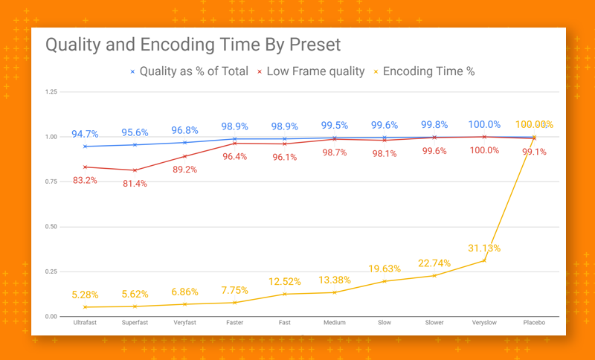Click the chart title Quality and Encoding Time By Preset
click(x=193, y=45)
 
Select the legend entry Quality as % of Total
click(x=189, y=71)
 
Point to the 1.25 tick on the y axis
click(x=51, y=91)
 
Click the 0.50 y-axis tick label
click(x=51, y=227)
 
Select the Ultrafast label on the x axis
click(x=86, y=324)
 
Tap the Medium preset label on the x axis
click(x=334, y=324)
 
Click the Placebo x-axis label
click(x=534, y=324)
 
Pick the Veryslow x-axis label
click(x=484, y=324)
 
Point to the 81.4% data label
click(x=135, y=183)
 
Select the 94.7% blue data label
click(x=85, y=135)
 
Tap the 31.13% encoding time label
click(x=483, y=248)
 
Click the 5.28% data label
click(x=85, y=295)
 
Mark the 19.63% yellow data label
click(x=384, y=269)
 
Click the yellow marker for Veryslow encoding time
click(x=484, y=260)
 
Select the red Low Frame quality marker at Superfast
click(x=135, y=170)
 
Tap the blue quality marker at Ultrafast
click(x=86, y=147)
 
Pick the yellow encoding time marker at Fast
click(x=285, y=294)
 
